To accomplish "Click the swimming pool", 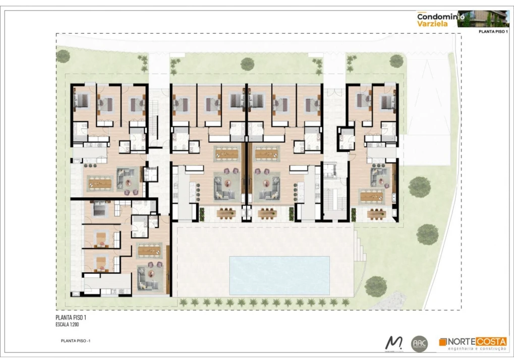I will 279,275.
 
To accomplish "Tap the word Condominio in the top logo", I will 437,16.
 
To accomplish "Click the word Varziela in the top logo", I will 431,23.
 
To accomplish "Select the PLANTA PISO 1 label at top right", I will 492,32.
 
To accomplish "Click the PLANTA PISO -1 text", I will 75,341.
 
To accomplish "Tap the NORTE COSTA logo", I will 473,344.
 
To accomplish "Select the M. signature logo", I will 393,343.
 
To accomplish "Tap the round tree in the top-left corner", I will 63,56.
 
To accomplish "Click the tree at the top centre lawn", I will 247,64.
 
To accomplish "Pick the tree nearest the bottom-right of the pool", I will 375,286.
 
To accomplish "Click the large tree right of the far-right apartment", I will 419,187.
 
